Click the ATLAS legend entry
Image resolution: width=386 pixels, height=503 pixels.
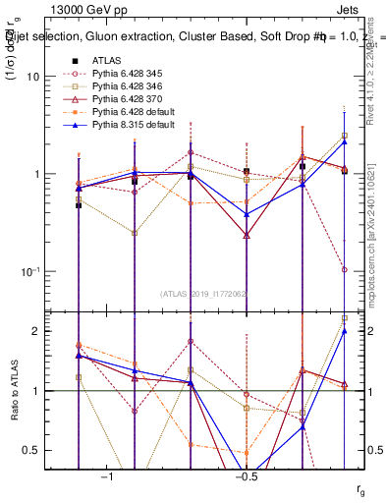(108, 60)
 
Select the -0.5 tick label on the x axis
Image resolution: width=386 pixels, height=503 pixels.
(245, 476)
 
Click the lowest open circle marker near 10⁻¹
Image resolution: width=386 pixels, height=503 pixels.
(345, 269)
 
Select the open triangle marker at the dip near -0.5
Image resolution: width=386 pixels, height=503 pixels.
(246, 236)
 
